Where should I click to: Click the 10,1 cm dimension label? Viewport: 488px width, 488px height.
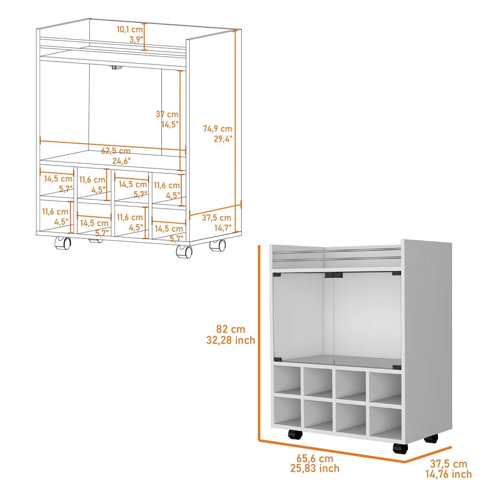(x=130, y=29)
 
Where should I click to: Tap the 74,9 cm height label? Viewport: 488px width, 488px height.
(x=217, y=129)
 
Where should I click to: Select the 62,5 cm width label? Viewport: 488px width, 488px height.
(x=116, y=151)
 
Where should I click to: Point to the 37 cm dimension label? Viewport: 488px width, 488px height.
(x=167, y=114)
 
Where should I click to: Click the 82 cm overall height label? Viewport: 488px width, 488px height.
(x=231, y=329)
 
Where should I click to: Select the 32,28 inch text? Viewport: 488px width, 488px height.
(x=231, y=340)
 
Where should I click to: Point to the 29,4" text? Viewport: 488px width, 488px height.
(x=223, y=139)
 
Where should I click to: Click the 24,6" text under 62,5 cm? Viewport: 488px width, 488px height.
(x=121, y=161)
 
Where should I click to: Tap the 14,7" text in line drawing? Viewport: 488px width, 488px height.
(x=223, y=228)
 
